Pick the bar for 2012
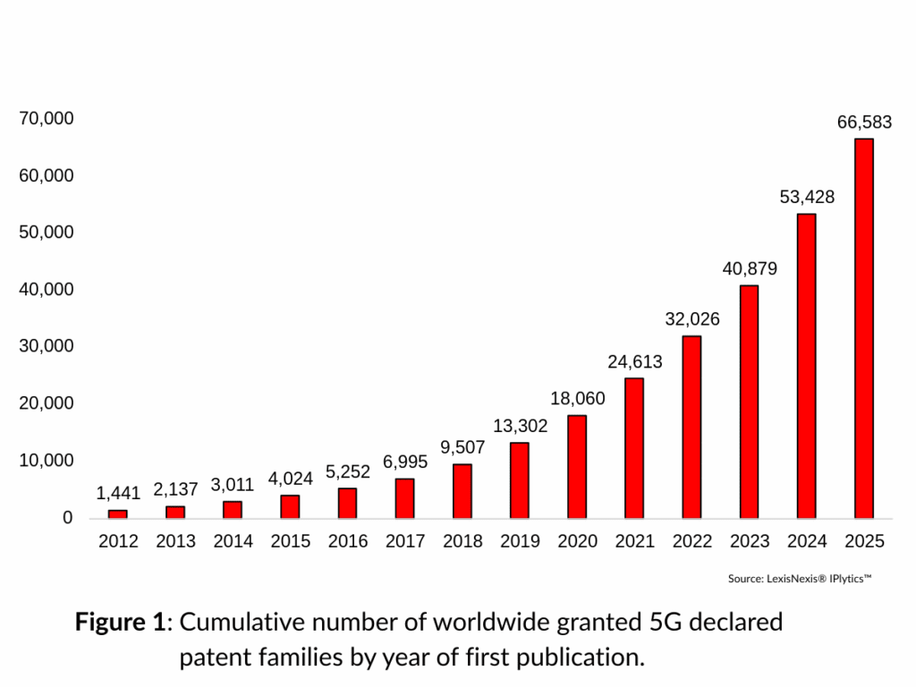(118, 513)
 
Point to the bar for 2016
(347, 503)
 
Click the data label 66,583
(864, 123)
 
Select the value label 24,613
(635, 361)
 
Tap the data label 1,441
(118, 493)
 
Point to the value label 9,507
(462, 446)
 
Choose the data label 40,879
(750, 268)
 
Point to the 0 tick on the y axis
(67, 518)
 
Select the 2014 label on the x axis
(233, 541)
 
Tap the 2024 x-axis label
(806, 541)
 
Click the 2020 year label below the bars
(577, 541)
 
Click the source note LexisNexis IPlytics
(799, 579)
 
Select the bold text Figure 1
(120, 621)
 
